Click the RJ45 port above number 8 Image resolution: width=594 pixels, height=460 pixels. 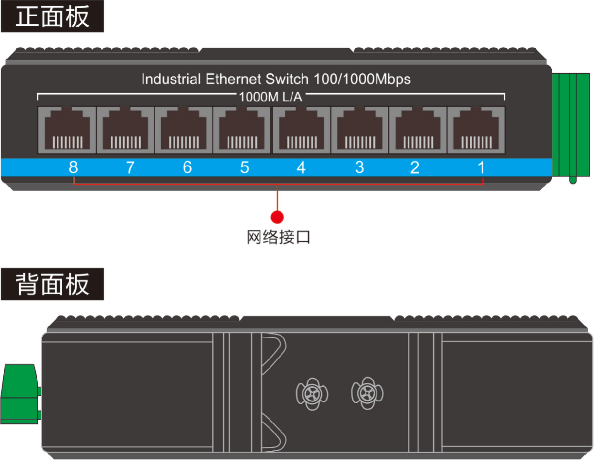click(x=67, y=130)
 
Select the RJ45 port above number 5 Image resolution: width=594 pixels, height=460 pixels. click(x=242, y=130)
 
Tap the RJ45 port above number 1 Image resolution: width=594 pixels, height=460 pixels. click(x=476, y=130)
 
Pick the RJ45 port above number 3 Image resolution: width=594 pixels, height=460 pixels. click(x=360, y=130)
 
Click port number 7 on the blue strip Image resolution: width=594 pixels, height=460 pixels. click(x=131, y=167)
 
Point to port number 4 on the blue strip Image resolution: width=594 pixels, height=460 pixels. click(x=301, y=167)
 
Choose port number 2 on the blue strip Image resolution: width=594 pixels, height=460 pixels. click(x=414, y=167)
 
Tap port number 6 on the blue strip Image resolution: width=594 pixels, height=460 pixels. click(x=187, y=167)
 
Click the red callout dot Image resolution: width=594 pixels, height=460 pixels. click(x=277, y=217)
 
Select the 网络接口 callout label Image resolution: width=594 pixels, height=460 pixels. click(x=279, y=237)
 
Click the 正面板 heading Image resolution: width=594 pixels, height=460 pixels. click(x=52, y=16)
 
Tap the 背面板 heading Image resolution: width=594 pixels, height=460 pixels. click(x=52, y=284)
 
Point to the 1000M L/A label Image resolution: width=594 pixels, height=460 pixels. click(x=271, y=97)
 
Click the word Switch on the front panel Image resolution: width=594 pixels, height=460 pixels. click(x=287, y=79)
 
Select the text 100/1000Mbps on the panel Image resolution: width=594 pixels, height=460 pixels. click(x=362, y=79)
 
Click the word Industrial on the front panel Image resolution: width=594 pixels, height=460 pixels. click(x=171, y=79)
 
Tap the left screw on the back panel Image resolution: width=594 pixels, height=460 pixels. click(x=312, y=394)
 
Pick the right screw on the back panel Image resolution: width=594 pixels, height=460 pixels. click(x=367, y=394)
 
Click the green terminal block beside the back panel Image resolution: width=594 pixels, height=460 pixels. click(x=20, y=394)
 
